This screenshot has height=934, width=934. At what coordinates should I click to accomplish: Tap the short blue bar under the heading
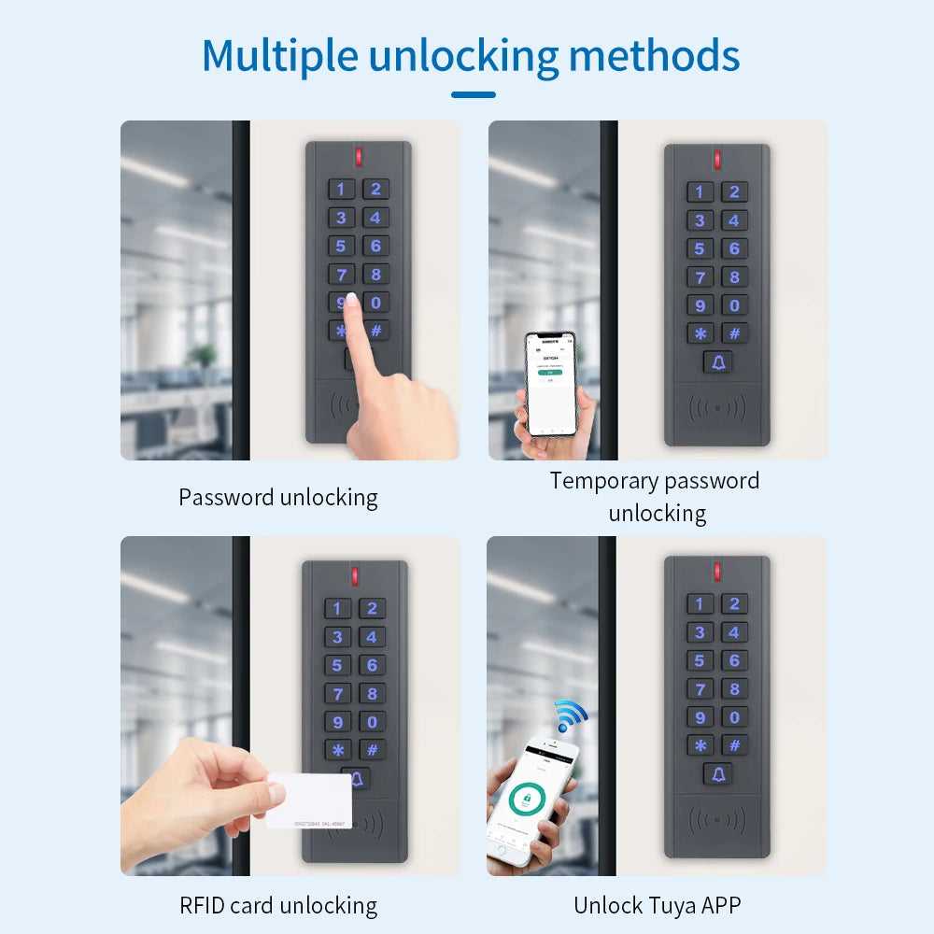pos(473,94)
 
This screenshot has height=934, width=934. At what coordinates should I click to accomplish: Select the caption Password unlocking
pos(278,498)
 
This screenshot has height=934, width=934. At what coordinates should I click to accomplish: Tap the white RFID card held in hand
pos(309,800)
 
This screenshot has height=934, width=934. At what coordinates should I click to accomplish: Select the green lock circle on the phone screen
pos(528,802)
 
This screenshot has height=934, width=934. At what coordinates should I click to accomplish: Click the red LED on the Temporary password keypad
pos(717,159)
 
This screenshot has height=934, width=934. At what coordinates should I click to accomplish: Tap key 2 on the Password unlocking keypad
pos(375,190)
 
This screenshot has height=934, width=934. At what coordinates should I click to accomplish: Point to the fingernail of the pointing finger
pos(351,301)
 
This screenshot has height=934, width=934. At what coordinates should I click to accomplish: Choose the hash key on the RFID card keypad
pos(372,750)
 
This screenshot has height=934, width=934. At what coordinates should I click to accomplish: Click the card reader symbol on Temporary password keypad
pos(717,408)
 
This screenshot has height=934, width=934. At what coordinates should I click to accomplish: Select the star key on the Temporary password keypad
pos(700,333)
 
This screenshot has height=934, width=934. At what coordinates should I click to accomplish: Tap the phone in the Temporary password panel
pos(550,383)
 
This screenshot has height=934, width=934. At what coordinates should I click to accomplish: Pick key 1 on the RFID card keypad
pos(337,609)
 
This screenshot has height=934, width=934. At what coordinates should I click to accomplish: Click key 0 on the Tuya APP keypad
pos(734,717)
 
